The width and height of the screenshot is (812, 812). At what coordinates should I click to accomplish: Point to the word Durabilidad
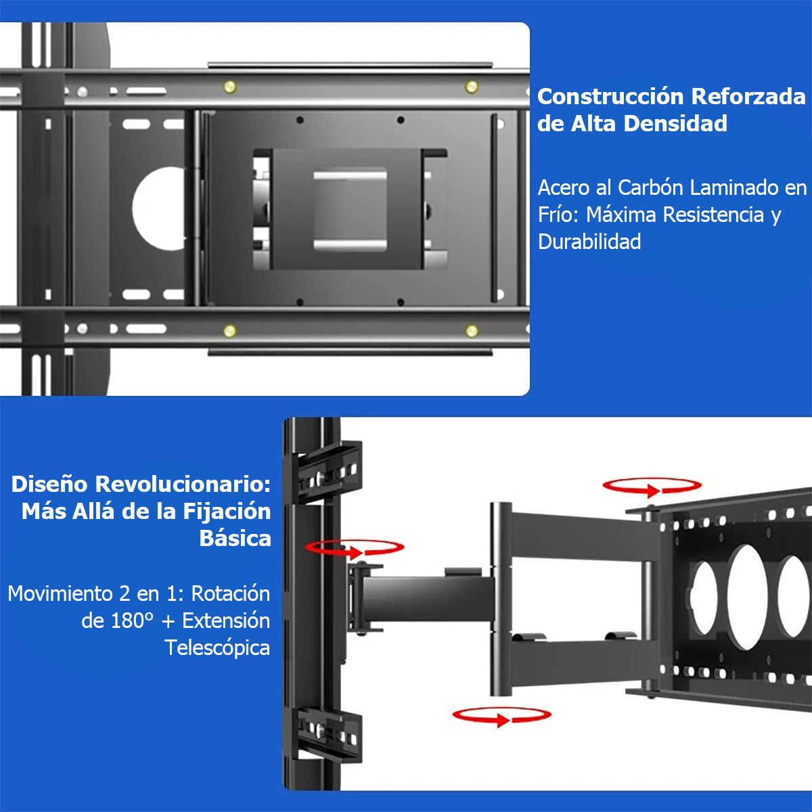[589, 242]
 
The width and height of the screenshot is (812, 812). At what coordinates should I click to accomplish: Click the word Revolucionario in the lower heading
[182, 484]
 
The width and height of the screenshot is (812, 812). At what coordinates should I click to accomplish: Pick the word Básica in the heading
[235, 539]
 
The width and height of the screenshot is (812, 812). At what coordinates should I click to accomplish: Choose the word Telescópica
[217, 648]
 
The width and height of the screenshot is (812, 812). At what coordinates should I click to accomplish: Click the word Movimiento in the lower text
[60, 593]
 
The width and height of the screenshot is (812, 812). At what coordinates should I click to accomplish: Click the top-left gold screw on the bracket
[230, 87]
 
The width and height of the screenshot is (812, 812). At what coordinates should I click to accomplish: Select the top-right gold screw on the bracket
[472, 87]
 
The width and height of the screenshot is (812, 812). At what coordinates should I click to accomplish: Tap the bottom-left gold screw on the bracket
[230, 331]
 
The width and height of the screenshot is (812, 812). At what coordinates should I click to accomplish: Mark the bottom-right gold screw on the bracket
[472, 331]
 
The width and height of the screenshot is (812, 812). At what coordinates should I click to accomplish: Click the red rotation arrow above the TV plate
[652, 487]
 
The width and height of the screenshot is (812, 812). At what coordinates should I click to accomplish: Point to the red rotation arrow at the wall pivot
[354, 548]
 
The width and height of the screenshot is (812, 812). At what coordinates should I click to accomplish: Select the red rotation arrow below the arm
[501, 716]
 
